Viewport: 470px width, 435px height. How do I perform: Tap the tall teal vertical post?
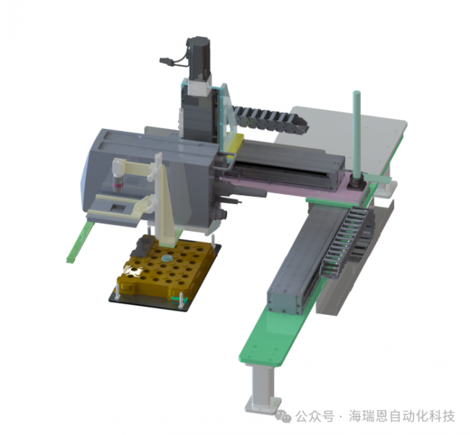(356, 132)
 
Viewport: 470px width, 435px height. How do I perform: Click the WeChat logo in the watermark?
(283, 415)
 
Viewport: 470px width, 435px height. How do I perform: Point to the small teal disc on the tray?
(167, 258)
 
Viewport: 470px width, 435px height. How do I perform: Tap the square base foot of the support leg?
(263, 404)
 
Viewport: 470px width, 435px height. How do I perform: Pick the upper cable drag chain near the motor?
(269, 119)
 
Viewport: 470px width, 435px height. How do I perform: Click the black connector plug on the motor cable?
(165, 61)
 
